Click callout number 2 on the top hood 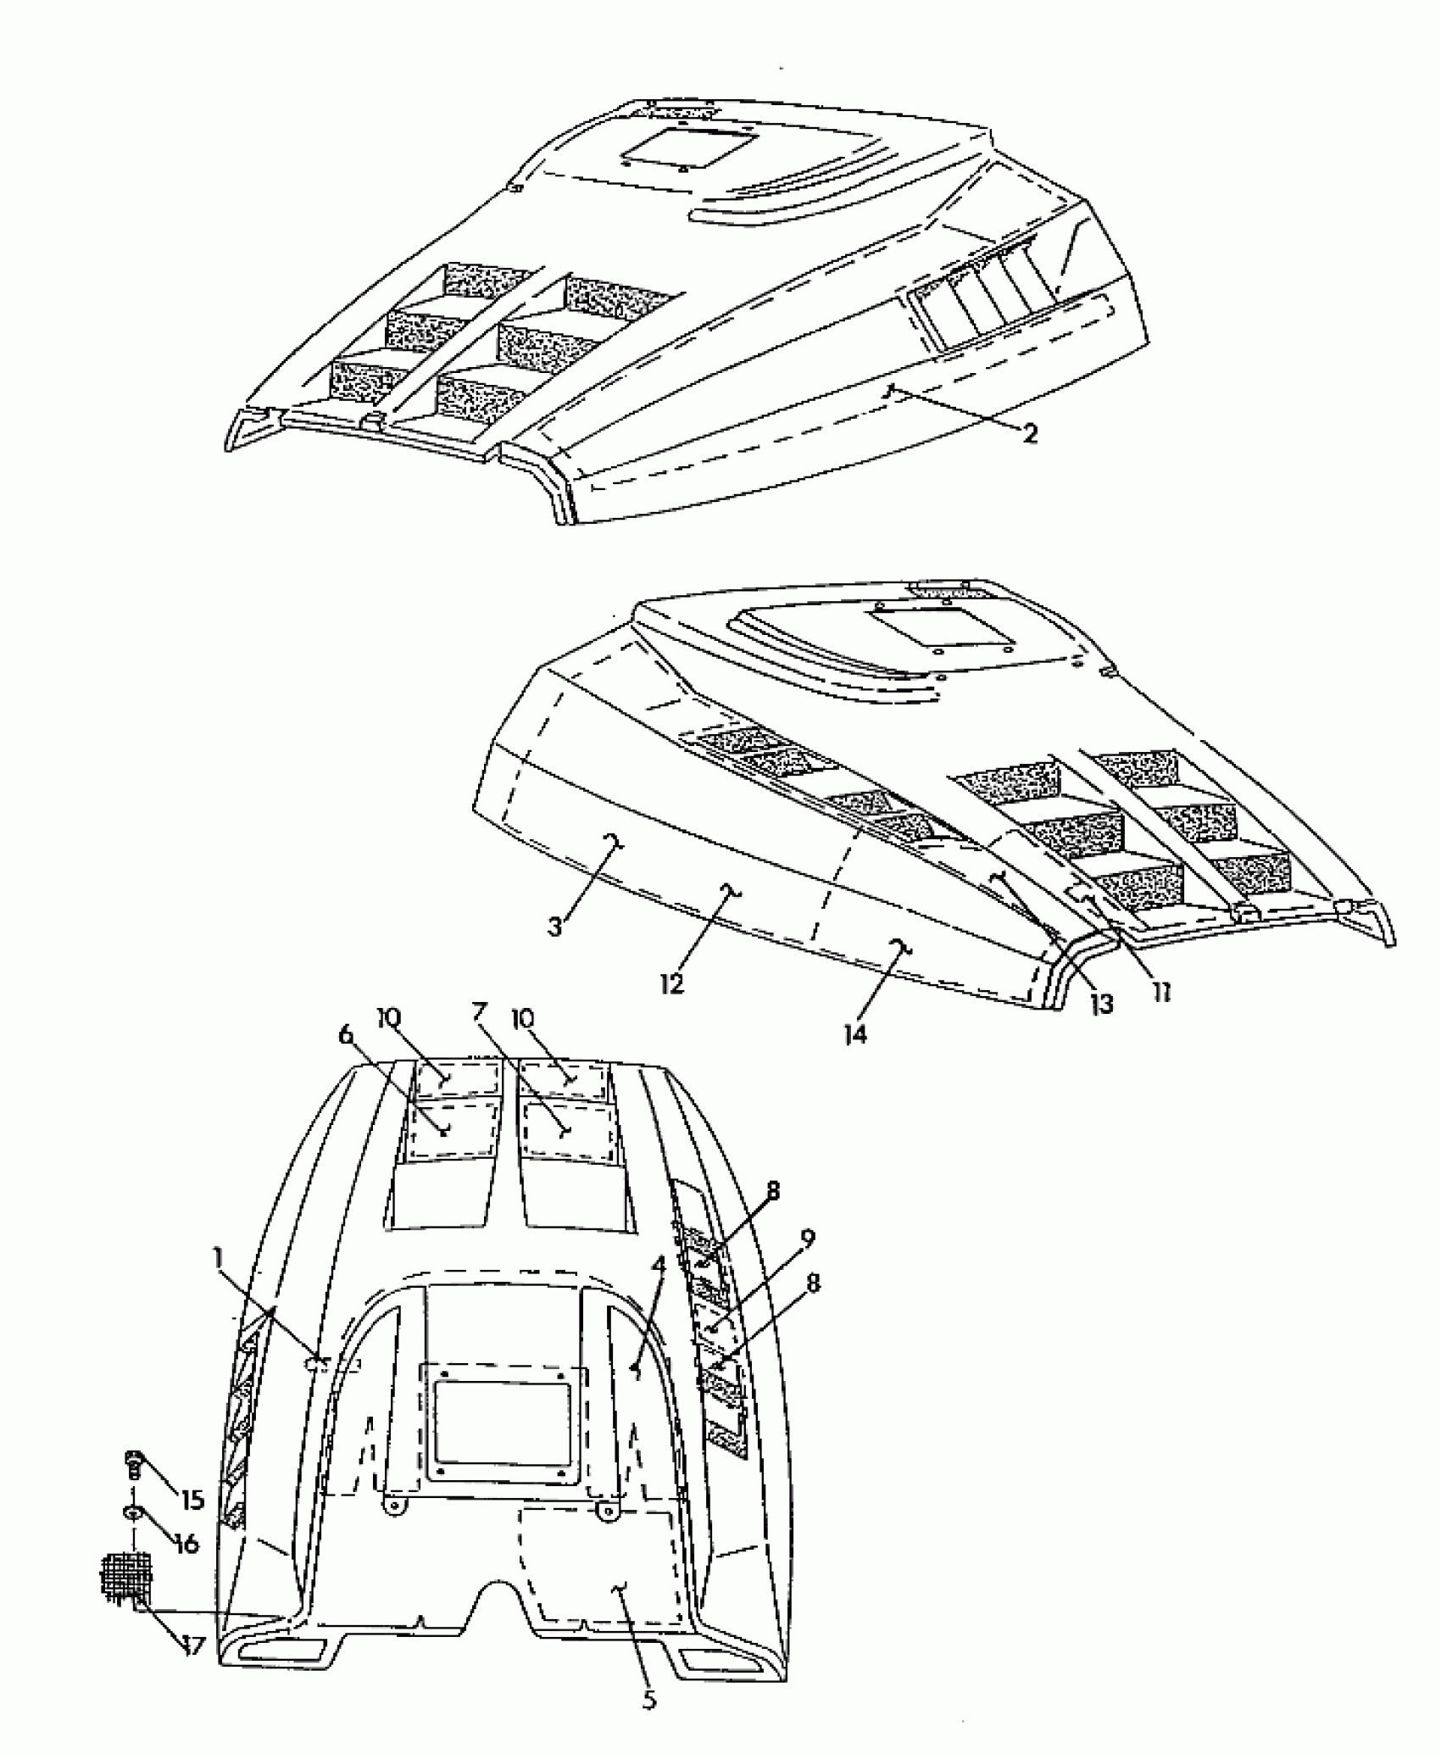[1029, 434]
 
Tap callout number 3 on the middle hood [555, 927]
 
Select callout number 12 [672, 985]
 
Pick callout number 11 [1160, 992]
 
